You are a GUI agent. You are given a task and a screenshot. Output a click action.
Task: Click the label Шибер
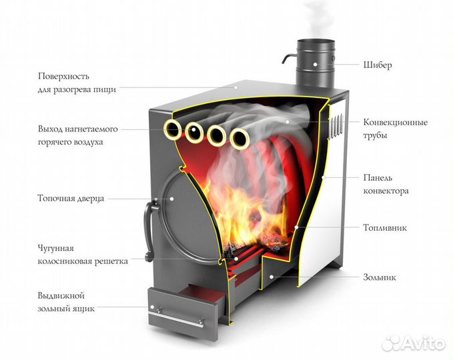(x=378, y=65)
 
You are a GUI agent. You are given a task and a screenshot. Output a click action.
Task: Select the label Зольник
(x=380, y=277)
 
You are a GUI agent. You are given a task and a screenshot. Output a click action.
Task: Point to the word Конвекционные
(x=396, y=123)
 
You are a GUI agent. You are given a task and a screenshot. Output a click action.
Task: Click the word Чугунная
(x=57, y=248)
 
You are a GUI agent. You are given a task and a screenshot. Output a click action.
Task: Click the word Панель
(x=378, y=177)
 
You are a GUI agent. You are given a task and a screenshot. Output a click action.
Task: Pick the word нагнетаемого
(x=91, y=129)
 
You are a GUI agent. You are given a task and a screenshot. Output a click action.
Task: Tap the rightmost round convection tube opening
(x=238, y=139)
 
